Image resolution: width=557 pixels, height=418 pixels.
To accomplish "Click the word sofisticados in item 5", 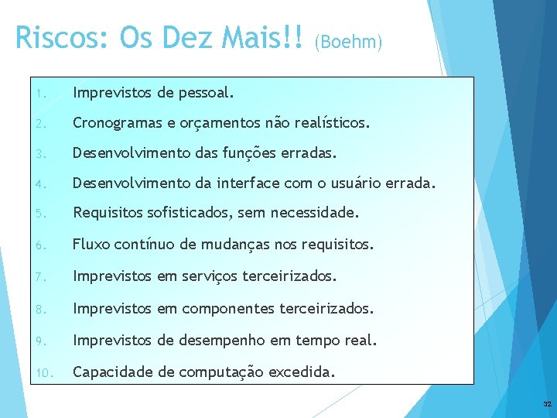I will (x=189, y=213).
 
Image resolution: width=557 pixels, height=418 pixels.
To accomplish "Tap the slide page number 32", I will (x=547, y=405).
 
